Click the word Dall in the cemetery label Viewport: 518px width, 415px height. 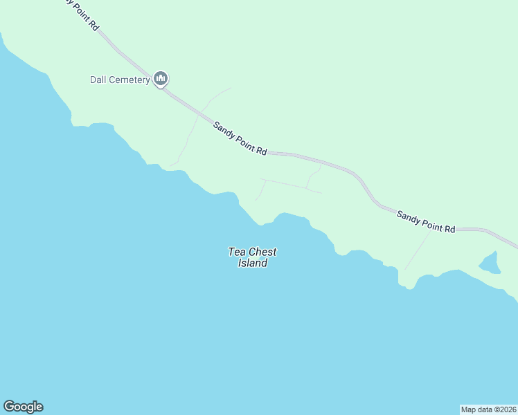[98, 80]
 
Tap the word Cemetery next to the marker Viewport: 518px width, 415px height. [129, 80]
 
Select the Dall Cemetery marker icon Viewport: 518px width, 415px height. [161, 79]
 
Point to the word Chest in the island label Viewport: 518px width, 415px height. [262, 252]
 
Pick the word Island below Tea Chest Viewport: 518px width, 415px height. [253, 264]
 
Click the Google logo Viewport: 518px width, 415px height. [24, 407]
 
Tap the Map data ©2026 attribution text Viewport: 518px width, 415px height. [489, 409]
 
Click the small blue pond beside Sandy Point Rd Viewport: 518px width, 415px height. [490, 263]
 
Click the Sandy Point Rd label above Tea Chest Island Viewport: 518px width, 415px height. [240, 138]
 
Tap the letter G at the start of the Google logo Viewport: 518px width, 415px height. [9, 407]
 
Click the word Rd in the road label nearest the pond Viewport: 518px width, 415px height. [449, 228]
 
